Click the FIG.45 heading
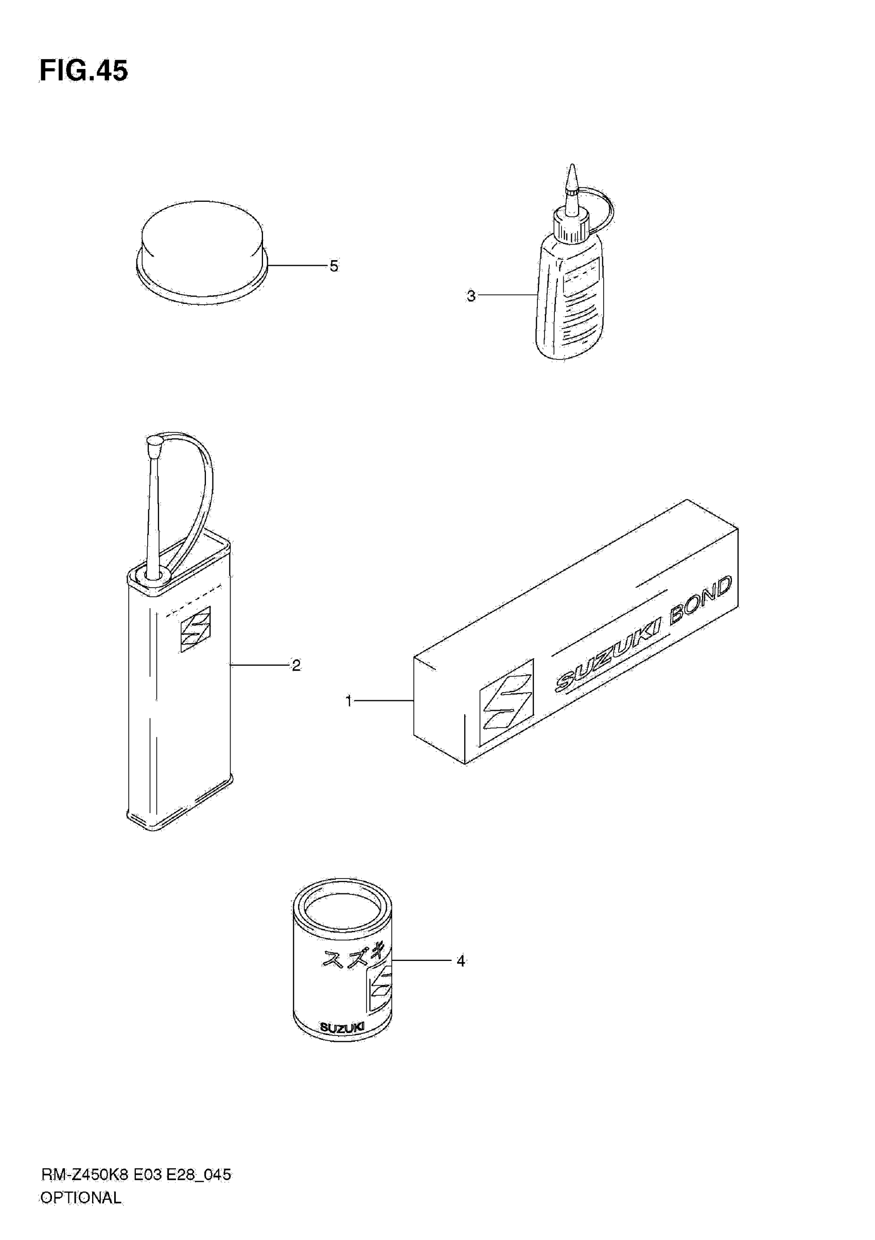(x=84, y=71)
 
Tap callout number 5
(x=334, y=266)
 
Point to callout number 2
(x=296, y=665)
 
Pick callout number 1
(x=348, y=701)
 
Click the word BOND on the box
(x=700, y=599)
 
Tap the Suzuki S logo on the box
(x=506, y=702)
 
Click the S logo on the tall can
(x=196, y=629)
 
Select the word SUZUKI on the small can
(x=342, y=1027)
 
